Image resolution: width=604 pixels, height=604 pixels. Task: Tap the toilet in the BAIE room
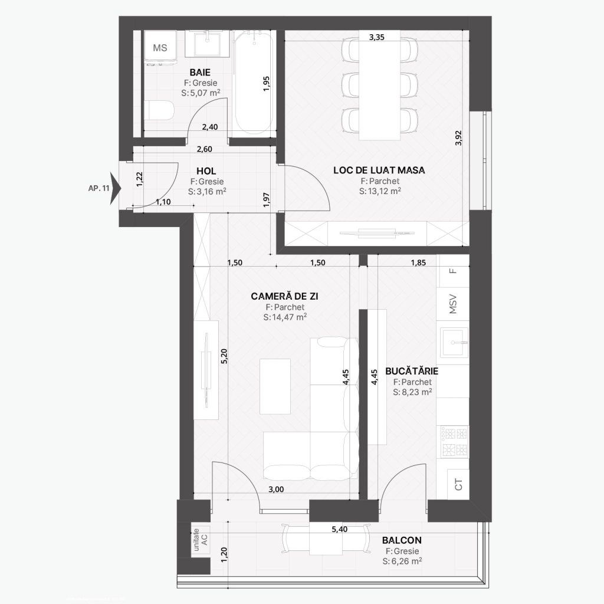[159, 110]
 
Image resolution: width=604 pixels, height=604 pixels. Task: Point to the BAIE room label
[200, 73]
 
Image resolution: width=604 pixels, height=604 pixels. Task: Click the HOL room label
[206, 171]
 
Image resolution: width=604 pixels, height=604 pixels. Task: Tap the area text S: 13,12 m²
[380, 191]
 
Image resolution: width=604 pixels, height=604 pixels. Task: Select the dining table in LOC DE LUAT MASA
[379, 85]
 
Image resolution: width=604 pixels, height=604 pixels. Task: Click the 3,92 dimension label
[458, 138]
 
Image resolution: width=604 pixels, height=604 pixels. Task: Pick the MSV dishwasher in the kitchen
[454, 304]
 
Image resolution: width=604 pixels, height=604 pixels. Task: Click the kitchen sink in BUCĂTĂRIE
[455, 342]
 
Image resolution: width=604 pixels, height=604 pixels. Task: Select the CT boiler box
[458, 484]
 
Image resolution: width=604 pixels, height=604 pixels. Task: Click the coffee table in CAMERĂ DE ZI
[275, 386]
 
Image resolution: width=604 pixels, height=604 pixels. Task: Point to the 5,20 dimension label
[225, 356]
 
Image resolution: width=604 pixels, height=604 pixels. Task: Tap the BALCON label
[402, 540]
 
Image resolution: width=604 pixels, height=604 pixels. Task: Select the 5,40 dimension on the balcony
[340, 529]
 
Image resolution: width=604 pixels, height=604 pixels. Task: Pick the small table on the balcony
[326, 539]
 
